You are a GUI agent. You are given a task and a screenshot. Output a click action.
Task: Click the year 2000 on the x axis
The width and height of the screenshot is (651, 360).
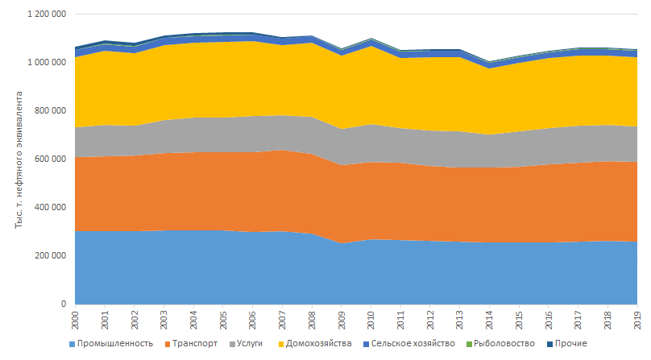tap(75, 321)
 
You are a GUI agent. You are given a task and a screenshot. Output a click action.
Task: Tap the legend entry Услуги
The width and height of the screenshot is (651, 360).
tap(252, 344)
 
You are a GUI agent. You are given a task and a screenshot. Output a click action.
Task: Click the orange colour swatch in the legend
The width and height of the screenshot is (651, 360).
tap(164, 344)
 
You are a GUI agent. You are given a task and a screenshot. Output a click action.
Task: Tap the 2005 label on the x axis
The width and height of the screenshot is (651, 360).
tap(222, 321)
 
